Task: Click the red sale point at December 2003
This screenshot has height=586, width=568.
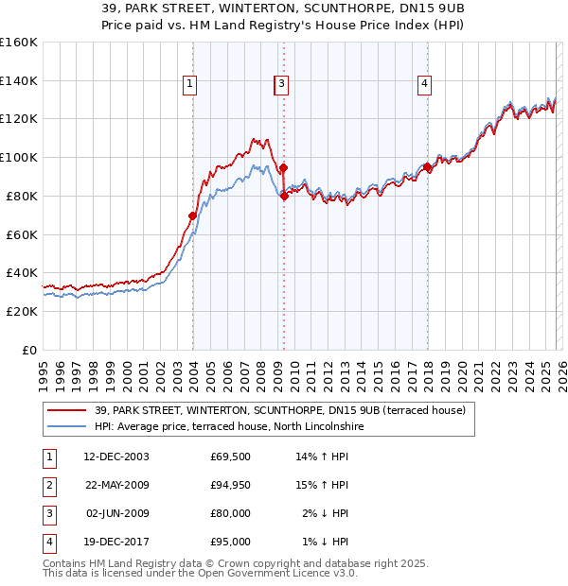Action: click(x=193, y=215)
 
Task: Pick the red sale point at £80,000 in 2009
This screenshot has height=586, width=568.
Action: click(x=284, y=196)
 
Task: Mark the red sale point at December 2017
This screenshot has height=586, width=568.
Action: click(x=427, y=167)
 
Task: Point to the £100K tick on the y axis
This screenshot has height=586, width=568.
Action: click(x=19, y=157)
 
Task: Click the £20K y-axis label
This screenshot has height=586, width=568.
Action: click(x=21, y=311)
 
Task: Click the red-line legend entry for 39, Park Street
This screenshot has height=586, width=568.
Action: click(x=279, y=411)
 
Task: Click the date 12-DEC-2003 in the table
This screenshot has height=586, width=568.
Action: click(x=115, y=457)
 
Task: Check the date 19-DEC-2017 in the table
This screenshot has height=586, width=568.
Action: click(x=115, y=543)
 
